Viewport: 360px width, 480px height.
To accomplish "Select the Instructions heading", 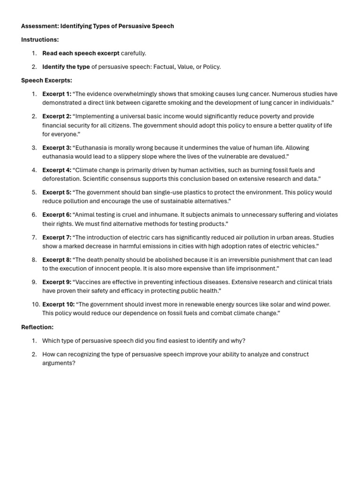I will click(x=40, y=40).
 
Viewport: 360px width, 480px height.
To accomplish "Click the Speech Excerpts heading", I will click(x=46, y=81).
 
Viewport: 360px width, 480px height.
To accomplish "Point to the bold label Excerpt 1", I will click(x=57, y=94).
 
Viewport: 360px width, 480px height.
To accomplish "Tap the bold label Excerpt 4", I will click(x=57, y=170).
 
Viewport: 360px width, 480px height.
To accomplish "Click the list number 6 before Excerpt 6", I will click(x=34, y=215).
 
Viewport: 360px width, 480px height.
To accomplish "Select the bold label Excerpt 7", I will click(x=57, y=237).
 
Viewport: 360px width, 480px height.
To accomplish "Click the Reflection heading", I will click(x=37, y=327).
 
